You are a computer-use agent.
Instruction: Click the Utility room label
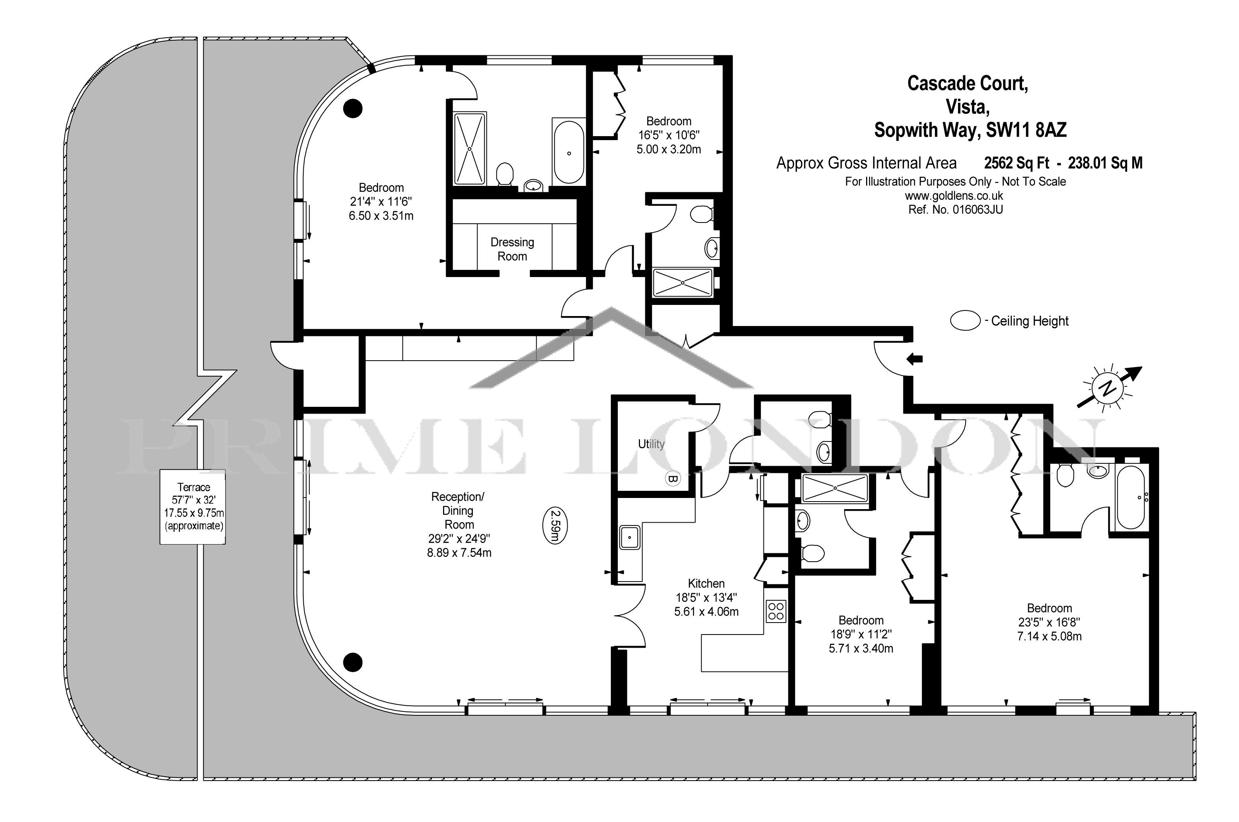tap(651, 444)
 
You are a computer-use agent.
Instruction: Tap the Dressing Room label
tap(512, 249)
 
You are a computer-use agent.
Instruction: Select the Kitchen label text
tap(706, 584)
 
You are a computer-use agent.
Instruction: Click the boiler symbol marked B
tap(673, 478)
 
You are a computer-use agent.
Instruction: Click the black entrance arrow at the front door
tap(915, 359)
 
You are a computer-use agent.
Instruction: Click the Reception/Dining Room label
tap(459, 511)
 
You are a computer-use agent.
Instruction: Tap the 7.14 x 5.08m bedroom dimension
tap(1049, 637)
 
